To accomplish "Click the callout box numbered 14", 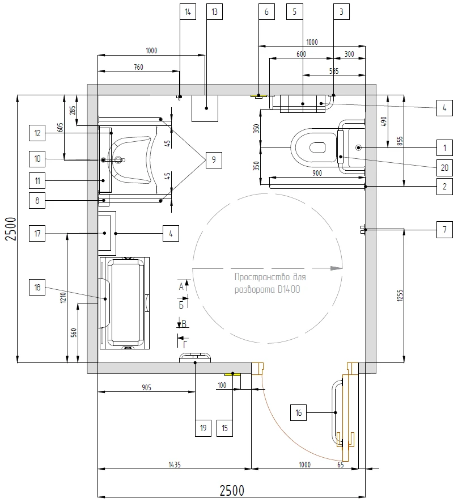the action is [188, 11].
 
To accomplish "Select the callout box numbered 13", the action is [214, 11].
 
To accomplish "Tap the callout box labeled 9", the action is [214, 160].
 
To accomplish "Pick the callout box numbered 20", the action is [444, 167].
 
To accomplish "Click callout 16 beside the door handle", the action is [298, 413].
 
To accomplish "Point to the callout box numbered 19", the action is [203, 428].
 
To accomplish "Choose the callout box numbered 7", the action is [444, 230].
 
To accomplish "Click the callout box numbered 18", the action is [37, 287].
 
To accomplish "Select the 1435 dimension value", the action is [175, 464].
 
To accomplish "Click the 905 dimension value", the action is [146, 388].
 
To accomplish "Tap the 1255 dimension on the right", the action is [400, 296].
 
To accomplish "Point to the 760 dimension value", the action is [138, 67].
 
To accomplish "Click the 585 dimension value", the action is [334, 71].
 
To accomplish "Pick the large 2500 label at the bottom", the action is [232, 491].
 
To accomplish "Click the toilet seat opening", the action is [317, 147].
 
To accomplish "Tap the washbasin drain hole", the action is [118, 159].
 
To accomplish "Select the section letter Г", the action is [185, 345].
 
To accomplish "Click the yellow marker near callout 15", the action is [232, 374].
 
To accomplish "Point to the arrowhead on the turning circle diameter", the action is [337, 268].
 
